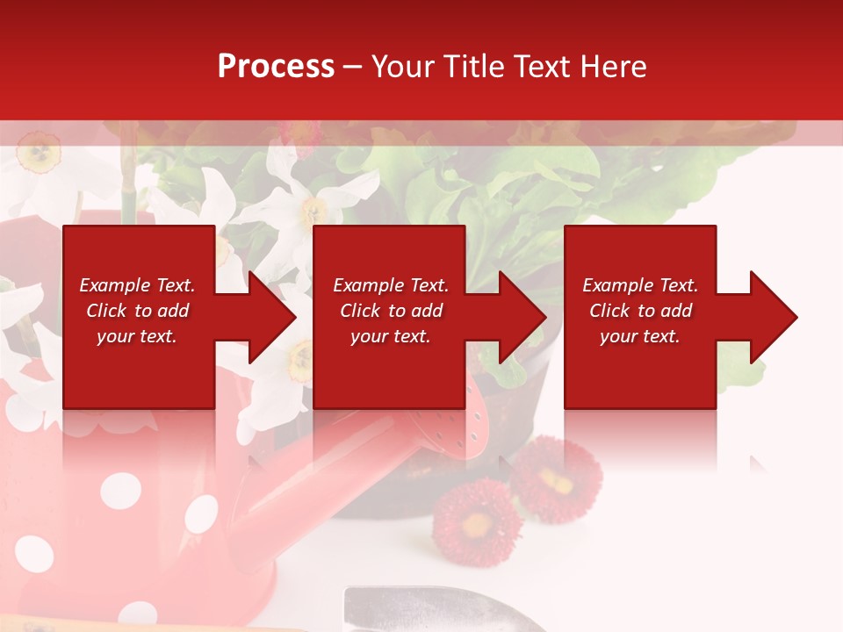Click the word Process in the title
pos(276,66)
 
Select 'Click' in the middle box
pos(358,311)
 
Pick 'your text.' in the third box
pos(639,336)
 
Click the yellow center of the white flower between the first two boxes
pos(299,356)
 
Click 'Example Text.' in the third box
pos(639,285)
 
